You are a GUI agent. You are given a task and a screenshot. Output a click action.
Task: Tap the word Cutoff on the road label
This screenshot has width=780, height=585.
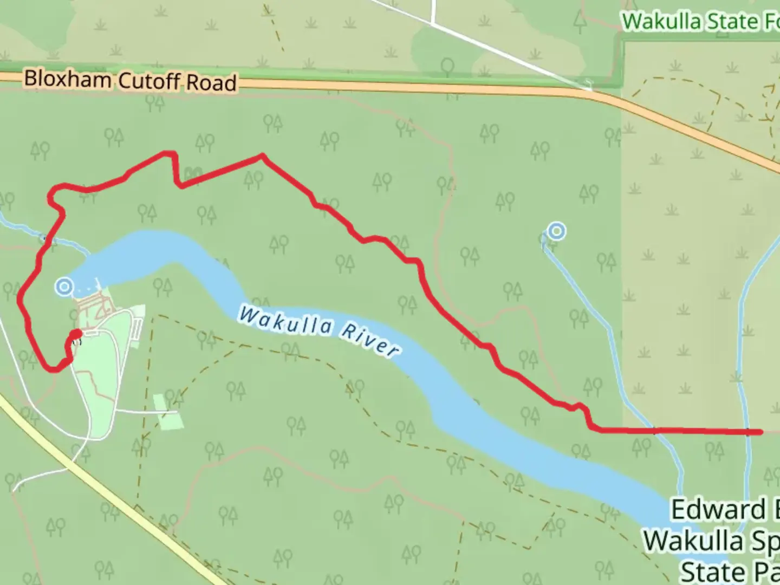point(149,81)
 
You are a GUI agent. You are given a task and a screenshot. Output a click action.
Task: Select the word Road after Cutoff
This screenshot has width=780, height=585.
point(212,83)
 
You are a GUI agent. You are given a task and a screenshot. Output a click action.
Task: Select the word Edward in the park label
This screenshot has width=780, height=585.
point(718,510)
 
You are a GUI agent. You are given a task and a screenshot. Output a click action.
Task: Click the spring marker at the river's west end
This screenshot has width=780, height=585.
point(64,286)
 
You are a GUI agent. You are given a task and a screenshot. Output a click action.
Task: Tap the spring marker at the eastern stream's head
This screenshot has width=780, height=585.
point(556,231)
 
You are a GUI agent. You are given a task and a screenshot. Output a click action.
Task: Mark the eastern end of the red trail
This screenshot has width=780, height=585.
point(761,432)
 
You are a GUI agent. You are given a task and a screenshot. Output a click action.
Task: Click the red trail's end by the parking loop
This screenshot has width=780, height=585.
point(76,333)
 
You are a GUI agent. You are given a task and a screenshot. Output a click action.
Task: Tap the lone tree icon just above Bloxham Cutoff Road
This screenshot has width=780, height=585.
point(447,67)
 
